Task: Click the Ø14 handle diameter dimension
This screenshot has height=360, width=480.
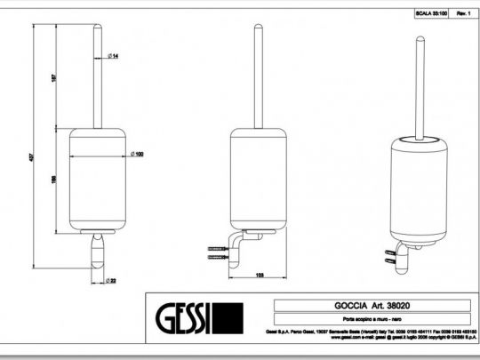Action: click(x=115, y=57)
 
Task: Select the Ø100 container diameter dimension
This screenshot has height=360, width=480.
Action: click(x=139, y=155)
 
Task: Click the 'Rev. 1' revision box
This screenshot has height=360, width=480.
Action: click(x=462, y=15)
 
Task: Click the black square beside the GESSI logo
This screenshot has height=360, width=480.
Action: click(x=230, y=317)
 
